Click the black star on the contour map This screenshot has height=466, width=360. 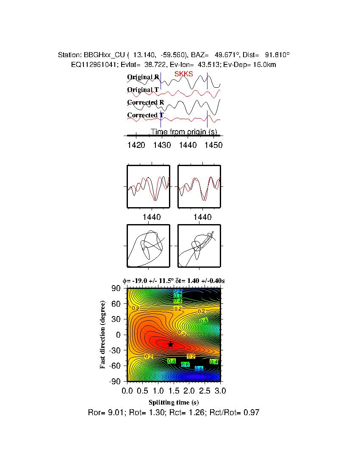[170, 344]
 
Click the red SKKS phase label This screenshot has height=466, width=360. [183, 74]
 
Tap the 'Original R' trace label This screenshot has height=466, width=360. [143, 77]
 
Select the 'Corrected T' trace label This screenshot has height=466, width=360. [145, 115]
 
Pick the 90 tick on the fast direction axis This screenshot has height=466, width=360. [116, 288]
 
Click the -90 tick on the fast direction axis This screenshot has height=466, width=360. [115, 381]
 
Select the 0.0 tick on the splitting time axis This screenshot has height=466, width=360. [127, 390]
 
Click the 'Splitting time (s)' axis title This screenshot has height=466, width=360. [174, 402]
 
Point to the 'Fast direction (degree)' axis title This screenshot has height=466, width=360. [102, 335]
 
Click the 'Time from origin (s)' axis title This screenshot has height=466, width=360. [184, 132]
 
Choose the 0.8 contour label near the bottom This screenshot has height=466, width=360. [199, 369]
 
